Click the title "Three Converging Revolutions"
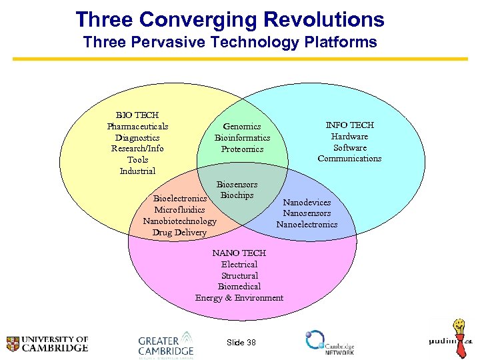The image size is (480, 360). point(229,19)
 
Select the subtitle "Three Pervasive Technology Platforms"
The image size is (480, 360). point(229,43)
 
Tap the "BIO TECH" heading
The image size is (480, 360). point(137,115)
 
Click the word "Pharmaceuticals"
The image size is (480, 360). point(137,127)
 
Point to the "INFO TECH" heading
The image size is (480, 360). point(349,125)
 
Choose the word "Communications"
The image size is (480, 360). point(349,159)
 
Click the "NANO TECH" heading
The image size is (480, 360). point(239,253)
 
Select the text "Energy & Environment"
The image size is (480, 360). point(239,298)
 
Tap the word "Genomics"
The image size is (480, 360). point(242,127)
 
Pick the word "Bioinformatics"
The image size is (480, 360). point(242,138)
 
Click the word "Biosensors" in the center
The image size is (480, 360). point(237,185)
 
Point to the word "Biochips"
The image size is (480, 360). point(237,195)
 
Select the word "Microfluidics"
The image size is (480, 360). point(179,210)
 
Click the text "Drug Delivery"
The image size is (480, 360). point(179,233)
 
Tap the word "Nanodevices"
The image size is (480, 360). point(307,202)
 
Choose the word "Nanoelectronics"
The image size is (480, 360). point(307,225)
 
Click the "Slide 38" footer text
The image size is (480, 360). point(241,342)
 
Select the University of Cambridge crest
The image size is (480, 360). point(13,344)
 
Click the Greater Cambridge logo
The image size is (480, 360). point(165,344)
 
